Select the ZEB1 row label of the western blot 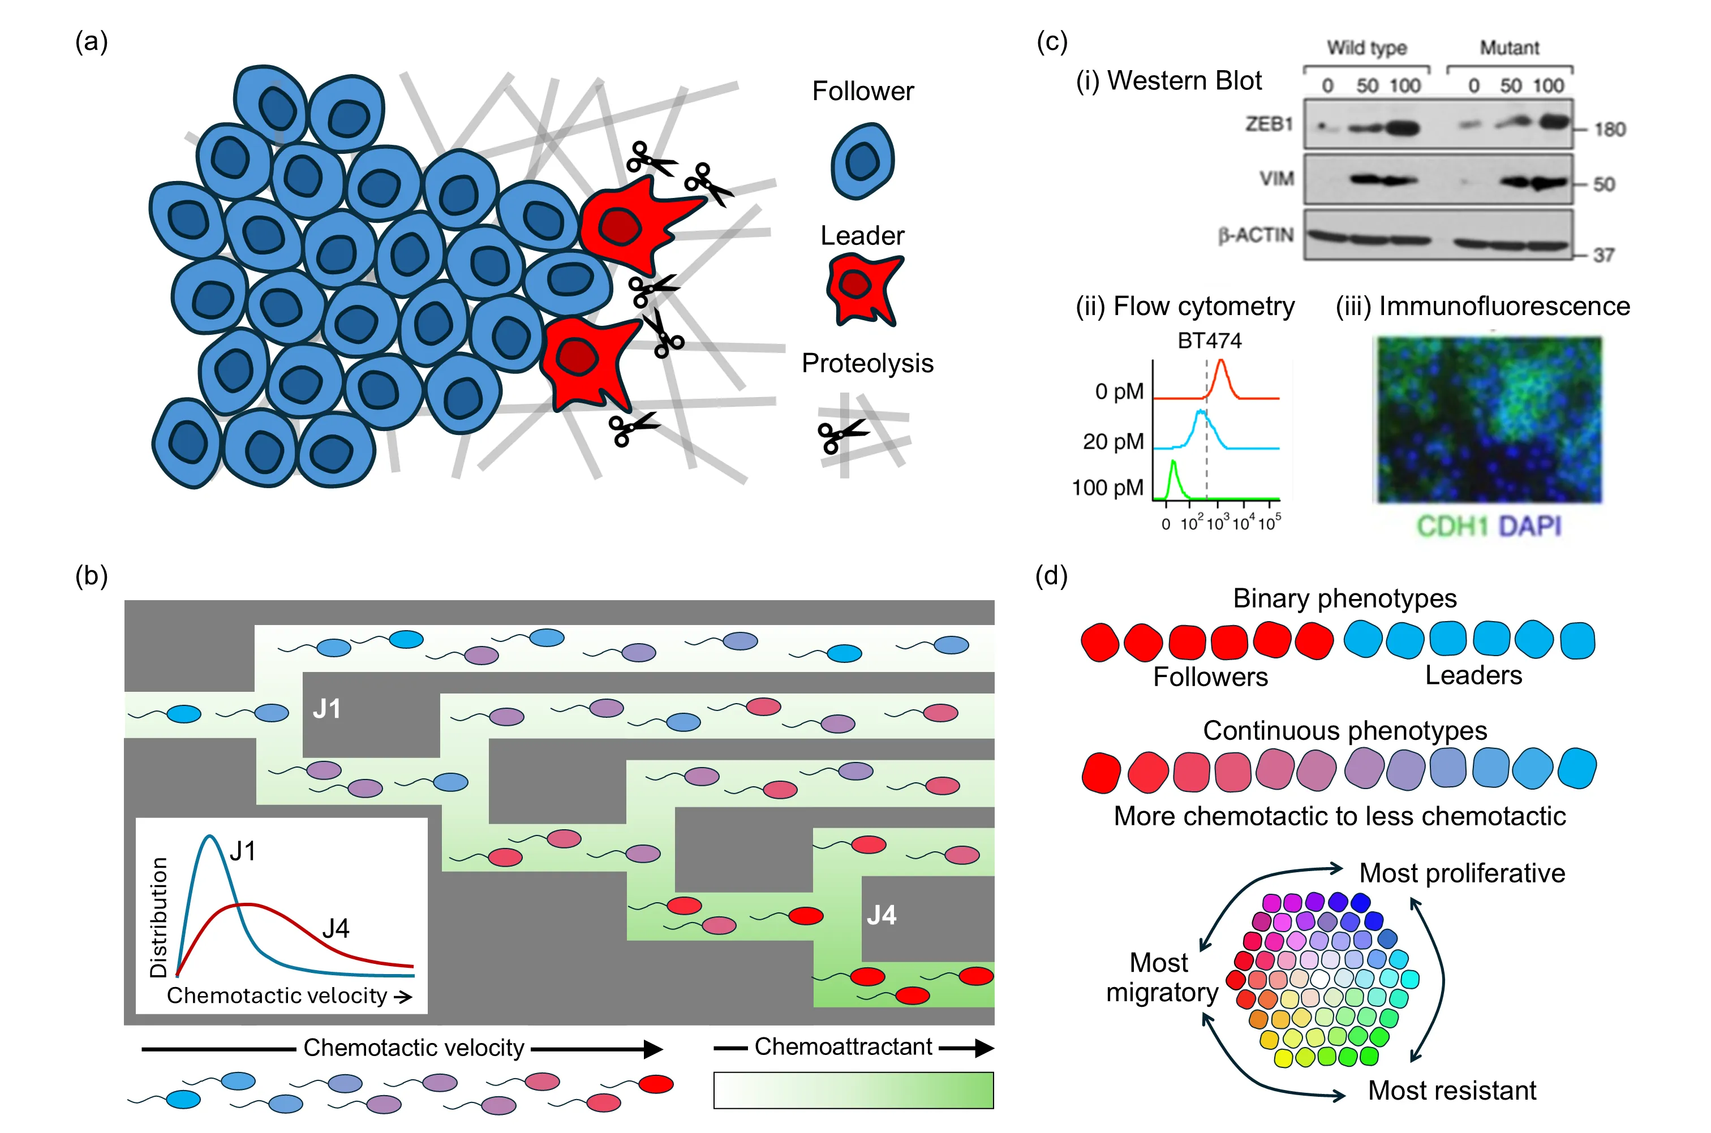click(x=1268, y=124)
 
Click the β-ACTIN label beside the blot click(x=1256, y=235)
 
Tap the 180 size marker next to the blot click(x=1610, y=130)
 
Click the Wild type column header click(x=1367, y=48)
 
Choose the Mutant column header click(x=1510, y=48)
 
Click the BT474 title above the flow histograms click(x=1210, y=341)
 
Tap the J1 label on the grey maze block click(x=326, y=709)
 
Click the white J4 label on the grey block click(x=882, y=915)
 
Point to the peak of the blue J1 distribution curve click(x=210, y=837)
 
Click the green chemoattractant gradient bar click(x=853, y=1089)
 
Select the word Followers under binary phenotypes click(x=1210, y=677)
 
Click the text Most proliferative click(x=1461, y=873)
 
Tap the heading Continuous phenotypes click(x=1345, y=730)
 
